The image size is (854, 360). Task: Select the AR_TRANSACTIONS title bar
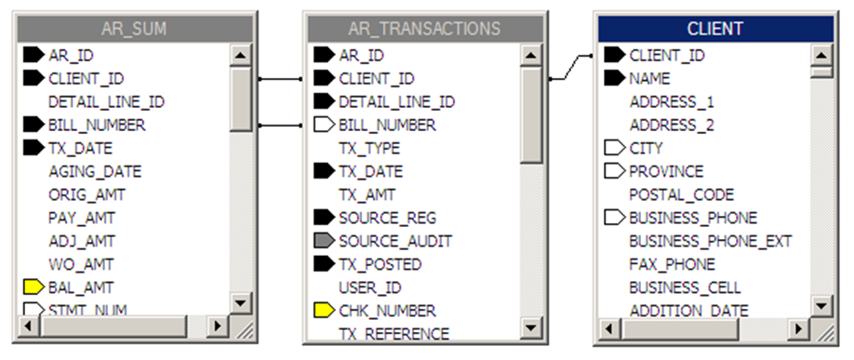[x=423, y=29]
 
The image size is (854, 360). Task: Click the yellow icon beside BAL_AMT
[x=33, y=287]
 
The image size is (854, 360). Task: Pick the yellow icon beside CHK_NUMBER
[x=324, y=311]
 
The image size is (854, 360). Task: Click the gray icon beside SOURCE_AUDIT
[x=324, y=241]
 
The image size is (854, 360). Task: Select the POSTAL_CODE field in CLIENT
[x=681, y=194]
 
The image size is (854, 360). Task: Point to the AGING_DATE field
[x=95, y=171]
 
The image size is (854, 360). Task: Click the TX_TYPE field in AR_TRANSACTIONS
[x=369, y=148]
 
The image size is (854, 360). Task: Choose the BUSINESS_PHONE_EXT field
[x=710, y=241]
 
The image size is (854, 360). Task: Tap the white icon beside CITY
[x=615, y=148]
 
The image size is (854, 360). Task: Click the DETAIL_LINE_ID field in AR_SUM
[x=106, y=101]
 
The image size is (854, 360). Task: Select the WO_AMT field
[x=82, y=264]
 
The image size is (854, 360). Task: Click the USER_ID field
[x=369, y=287]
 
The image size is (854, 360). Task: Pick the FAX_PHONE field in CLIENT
[x=672, y=264]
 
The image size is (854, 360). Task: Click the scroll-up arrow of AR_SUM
[x=241, y=55]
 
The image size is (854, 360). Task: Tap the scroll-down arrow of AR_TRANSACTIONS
[x=531, y=326]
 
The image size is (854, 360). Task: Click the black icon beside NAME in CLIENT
[x=615, y=78]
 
